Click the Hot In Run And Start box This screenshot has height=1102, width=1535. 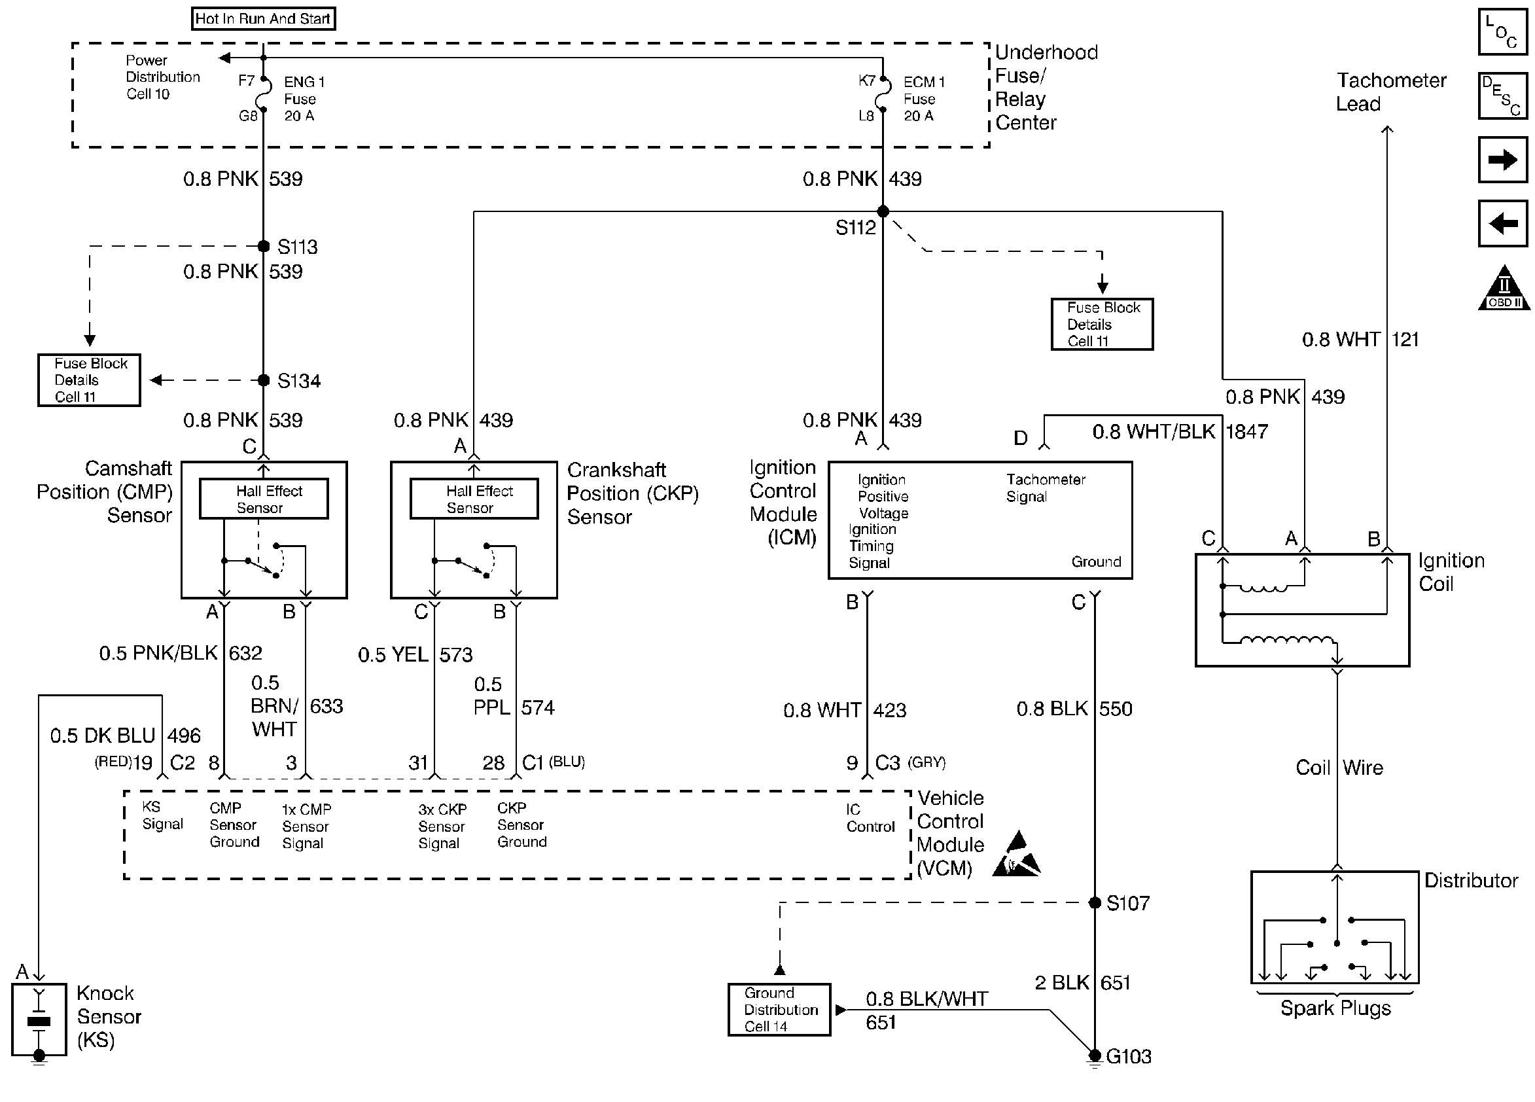tap(263, 18)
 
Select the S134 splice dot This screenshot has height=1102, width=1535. tap(264, 380)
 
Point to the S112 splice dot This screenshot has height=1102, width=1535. tap(883, 211)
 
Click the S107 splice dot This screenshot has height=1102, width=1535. tap(1095, 902)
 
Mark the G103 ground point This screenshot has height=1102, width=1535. tap(1095, 1056)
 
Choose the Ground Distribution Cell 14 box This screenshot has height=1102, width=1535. tap(779, 1009)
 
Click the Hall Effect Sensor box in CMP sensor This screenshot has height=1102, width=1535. tap(264, 499)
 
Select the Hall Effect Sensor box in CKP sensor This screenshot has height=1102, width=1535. tap(474, 499)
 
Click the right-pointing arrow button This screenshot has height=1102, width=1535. tap(1502, 160)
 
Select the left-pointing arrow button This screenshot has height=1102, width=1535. tap(1502, 222)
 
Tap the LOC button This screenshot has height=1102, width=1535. tap(1502, 32)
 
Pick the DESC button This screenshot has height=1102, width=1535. tap(1502, 96)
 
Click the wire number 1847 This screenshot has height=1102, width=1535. tap(1246, 431)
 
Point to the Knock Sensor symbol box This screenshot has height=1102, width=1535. tap(39, 1019)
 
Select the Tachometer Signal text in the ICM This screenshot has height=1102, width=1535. tap(1045, 488)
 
